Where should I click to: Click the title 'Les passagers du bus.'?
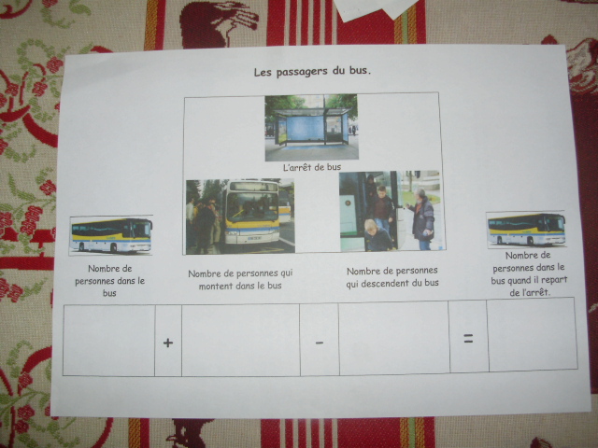coord(312,72)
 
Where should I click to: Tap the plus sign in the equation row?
coord(168,343)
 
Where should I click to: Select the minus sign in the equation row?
coord(320,343)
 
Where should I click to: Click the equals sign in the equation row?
coord(468,338)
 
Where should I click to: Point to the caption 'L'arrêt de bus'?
coord(312,167)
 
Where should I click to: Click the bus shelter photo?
coord(311,127)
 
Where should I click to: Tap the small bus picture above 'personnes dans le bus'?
coord(111,235)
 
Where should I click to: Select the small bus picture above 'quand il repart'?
coord(526,230)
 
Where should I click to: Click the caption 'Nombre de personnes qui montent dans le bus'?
coord(240,279)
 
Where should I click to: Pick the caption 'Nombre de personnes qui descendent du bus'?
coord(392,277)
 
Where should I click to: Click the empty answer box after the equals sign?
coord(533,335)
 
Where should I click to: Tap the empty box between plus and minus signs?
coord(241,340)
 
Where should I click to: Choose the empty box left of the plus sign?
coord(109,340)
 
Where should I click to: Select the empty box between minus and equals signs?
coord(394,338)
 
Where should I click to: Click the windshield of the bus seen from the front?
coord(252,207)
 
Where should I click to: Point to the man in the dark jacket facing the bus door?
coord(422,219)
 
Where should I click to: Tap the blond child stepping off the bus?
coord(377,236)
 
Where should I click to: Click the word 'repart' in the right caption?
coord(553,280)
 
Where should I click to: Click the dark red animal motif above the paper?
coord(218,23)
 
